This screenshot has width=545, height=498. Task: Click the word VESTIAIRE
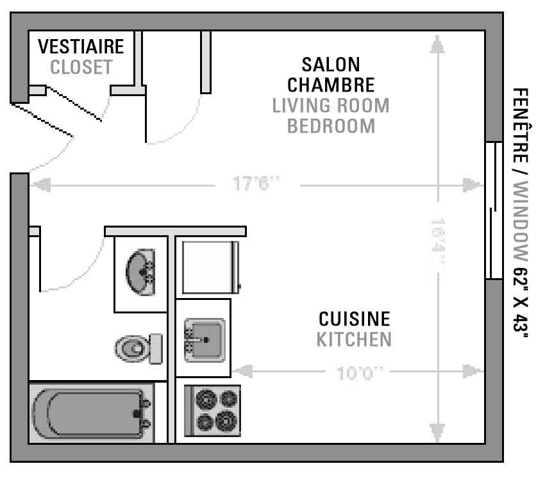(x=81, y=47)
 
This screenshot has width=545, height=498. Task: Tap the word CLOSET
(x=81, y=67)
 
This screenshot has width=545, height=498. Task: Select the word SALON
(x=331, y=65)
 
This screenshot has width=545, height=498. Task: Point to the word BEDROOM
(x=331, y=126)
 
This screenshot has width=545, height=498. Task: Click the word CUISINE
(x=354, y=319)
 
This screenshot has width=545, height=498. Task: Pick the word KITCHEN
(x=354, y=340)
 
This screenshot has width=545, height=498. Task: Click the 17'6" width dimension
(x=256, y=184)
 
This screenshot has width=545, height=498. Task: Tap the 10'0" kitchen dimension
(x=360, y=374)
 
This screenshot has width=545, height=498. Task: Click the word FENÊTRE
(x=521, y=126)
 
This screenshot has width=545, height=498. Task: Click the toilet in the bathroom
(x=138, y=349)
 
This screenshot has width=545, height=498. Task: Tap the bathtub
(x=91, y=413)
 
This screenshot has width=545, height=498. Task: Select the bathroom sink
(x=141, y=272)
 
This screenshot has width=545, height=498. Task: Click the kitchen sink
(x=205, y=340)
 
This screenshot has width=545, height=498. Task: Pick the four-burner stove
(x=212, y=410)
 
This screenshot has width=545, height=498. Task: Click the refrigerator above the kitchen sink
(x=211, y=267)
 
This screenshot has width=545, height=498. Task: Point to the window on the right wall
(x=494, y=210)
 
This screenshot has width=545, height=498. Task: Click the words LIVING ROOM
(x=331, y=106)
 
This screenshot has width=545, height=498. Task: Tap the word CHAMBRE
(x=331, y=85)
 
